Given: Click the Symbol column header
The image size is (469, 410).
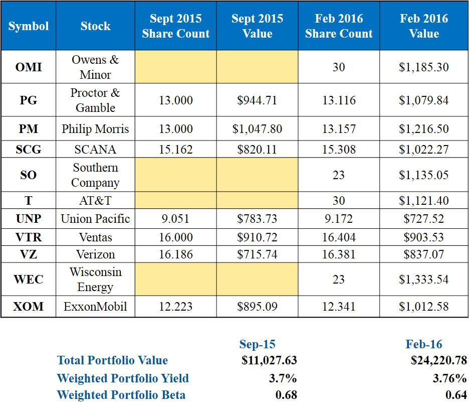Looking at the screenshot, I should coord(29,26).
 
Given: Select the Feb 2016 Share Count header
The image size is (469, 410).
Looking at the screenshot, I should coord(339,26).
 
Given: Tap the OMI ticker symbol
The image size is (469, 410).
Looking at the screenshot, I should coord(29,67).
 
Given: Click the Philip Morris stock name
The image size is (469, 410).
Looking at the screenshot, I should coord(95,129).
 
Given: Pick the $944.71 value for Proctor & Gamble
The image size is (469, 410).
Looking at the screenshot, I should coord(257,100).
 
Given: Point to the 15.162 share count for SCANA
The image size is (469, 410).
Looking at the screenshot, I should coord(175,149).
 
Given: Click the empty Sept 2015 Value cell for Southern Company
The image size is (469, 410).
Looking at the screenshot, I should coord(257,175).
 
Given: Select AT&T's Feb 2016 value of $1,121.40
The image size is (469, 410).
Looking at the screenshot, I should coord(423,201).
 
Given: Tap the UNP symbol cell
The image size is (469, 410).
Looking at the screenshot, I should coord(29,219).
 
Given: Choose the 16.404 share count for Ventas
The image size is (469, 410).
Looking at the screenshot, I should coord(339,237).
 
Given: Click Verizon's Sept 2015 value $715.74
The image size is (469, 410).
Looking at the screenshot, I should coord(257,254).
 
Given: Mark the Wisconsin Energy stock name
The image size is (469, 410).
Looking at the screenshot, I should coord(95,280).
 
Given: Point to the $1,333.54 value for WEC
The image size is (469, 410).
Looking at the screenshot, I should coord(423,280).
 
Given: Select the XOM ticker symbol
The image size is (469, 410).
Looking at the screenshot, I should coord(29,306).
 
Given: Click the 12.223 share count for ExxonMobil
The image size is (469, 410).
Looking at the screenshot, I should coord(175,306).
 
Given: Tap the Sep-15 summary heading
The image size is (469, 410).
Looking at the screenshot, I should coord(257,344).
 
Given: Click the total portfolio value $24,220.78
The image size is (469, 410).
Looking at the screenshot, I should coord(438,360).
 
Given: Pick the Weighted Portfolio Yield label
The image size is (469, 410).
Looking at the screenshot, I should coord(123,378).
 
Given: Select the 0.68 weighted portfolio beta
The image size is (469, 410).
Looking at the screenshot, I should coord(286,395).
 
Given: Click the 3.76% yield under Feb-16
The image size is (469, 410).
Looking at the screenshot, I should coord(449,378).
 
